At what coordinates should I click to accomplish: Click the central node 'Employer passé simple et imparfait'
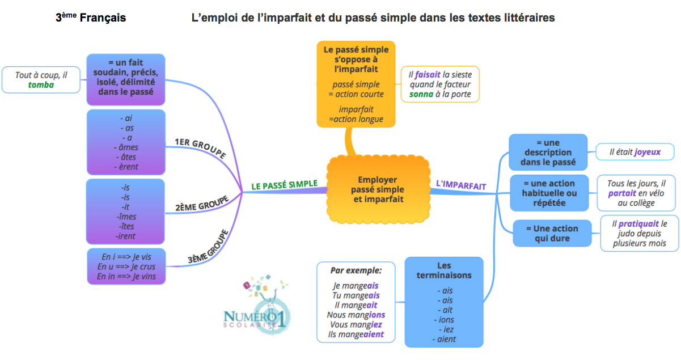(x=377, y=189)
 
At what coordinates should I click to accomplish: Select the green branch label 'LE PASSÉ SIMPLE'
(x=284, y=185)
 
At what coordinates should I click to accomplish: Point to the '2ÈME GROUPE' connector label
(x=202, y=203)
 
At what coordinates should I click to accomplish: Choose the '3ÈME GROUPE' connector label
(x=208, y=247)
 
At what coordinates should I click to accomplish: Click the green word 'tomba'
(x=41, y=85)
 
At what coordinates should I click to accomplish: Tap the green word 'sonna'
(x=421, y=94)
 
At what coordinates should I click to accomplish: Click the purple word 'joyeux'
(x=648, y=152)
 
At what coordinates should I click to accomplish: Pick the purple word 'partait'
(x=622, y=193)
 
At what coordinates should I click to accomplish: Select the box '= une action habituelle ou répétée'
(x=548, y=193)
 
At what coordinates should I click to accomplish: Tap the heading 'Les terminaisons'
(x=443, y=270)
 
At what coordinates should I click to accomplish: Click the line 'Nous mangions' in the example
(x=356, y=315)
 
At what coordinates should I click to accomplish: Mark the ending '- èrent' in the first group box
(x=125, y=167)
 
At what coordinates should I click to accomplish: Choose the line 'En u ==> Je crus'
(x=126, y=266)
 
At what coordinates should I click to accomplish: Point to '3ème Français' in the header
(x=91, y=18)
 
